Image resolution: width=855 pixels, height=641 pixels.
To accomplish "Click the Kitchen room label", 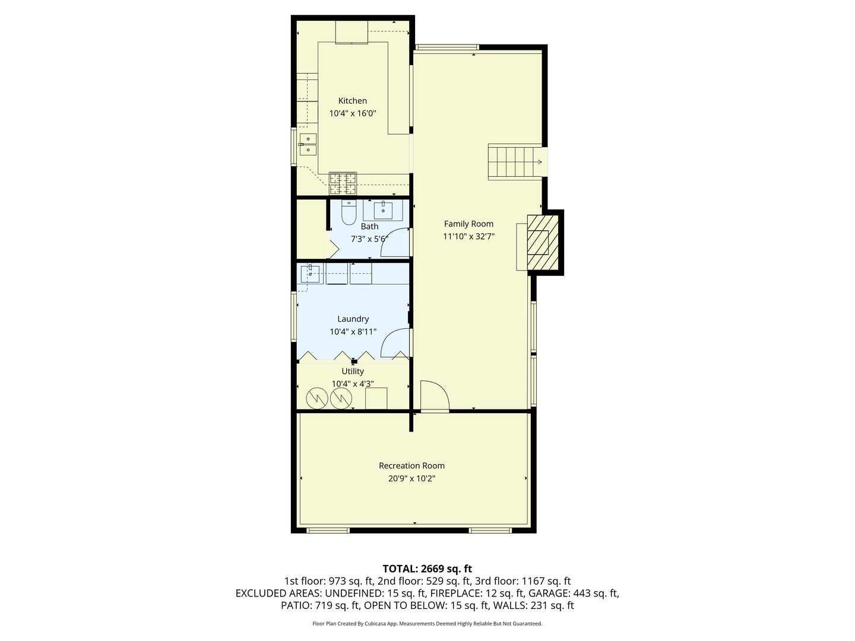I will (352, 101).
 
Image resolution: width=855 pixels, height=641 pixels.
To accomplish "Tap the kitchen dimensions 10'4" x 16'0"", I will (353, 113).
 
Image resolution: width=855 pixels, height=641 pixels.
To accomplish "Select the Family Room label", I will (468, 224).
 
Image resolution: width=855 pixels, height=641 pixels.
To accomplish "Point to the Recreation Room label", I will (411, 466).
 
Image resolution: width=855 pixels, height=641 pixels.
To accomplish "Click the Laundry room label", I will (353, 319).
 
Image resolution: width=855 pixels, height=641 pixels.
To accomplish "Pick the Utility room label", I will (353, 372).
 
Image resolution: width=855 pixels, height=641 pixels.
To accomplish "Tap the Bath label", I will (369, 226).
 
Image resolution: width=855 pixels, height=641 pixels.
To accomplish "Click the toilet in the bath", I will (349, 212).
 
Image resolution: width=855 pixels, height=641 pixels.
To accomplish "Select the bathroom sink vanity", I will (383, 210).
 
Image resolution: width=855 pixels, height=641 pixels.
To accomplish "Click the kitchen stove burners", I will (343, 183).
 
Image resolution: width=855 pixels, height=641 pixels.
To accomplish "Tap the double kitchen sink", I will (308, 144).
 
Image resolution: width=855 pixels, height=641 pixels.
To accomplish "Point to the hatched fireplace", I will (543, 242).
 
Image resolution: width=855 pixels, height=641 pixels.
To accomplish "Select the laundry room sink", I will (310, 274).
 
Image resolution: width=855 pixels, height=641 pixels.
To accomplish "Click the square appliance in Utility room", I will (376, 398).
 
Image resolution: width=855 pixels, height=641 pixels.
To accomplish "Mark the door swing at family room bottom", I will (434, 396).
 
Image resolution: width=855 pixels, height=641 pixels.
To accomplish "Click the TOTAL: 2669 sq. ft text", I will (427, 569).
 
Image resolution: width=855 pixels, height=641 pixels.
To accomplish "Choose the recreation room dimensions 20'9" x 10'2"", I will (411, 478).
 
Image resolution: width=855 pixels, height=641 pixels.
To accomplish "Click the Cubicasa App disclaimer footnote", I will (427, 624).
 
